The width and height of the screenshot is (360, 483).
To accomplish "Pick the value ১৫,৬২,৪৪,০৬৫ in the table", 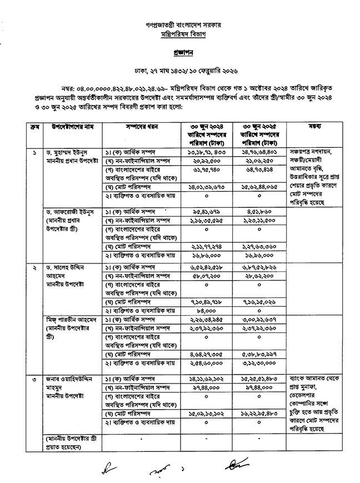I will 261,189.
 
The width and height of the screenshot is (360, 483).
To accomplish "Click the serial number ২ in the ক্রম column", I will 21,267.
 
